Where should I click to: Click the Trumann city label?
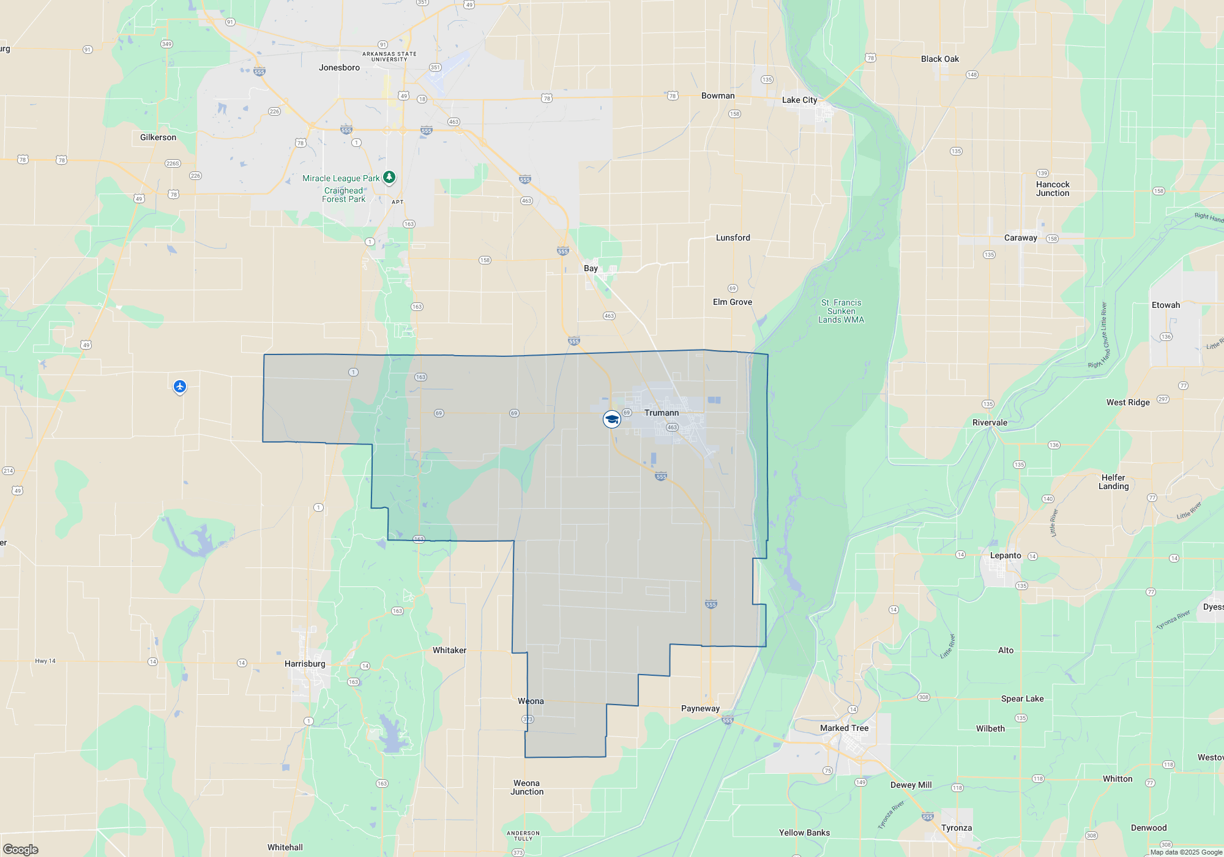click(661, 413)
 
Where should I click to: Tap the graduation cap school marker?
click(611, 419)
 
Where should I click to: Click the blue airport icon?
click(179, 386)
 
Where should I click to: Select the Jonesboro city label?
click(339, 67)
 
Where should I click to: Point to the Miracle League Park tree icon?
click(389, 177)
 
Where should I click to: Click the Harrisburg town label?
click(305, 664)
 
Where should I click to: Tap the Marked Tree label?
click(844, 728)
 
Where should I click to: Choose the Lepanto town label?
click(1006, 555)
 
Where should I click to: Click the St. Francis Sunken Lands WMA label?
click(841, 311)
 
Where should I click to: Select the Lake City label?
click(799, 100)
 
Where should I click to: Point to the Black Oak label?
click(939, 59)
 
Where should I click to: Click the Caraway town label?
click(1020, 238)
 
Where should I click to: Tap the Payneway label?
click(700, 708)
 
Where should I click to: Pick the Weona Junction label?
click(527, 787)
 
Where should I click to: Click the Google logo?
click(20, 849)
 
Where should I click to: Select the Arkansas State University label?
click(389, 56)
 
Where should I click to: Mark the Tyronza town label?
click(957, 828)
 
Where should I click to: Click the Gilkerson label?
click(158, 137)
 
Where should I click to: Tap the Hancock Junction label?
click(1053, 189)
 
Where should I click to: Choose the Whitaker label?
click(449, 650)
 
